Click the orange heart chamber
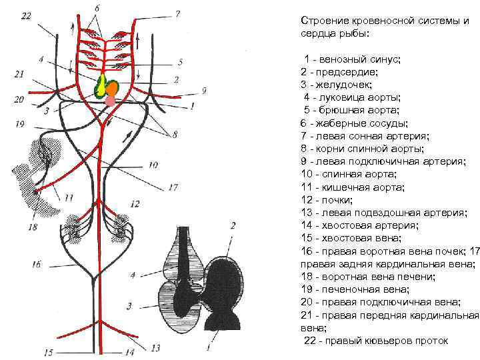tap(113, 87)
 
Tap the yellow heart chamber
tap(102, 86)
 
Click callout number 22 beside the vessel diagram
tap(25, 16)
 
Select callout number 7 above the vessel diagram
tap(177, 13)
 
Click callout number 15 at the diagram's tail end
tap(47, 351)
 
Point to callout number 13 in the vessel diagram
tap(155, 347)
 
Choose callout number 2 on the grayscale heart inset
tap(233, 226)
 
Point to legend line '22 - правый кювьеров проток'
tap(376, 341)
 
